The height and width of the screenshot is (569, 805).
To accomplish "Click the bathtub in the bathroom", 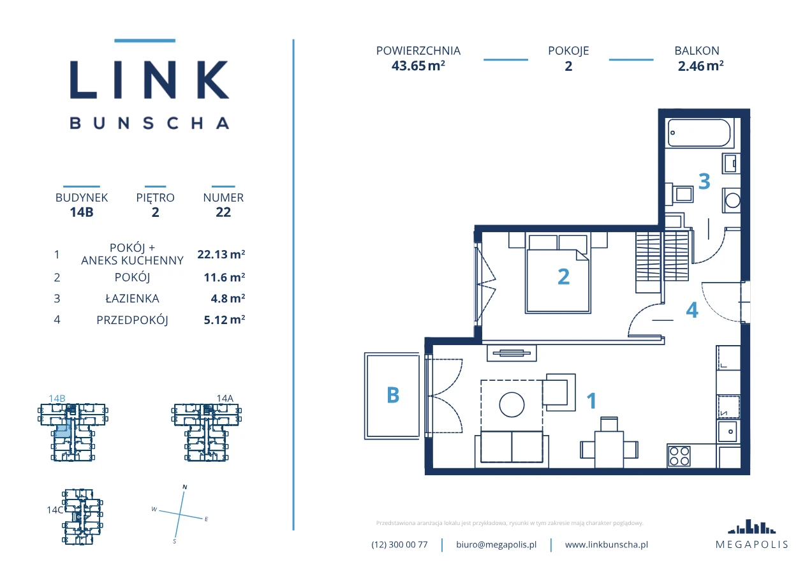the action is click(699, 133).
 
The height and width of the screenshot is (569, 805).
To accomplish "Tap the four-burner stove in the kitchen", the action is click(679, 456).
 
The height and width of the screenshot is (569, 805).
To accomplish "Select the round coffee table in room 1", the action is click(512, 404).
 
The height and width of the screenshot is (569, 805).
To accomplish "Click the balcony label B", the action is click(393, 395).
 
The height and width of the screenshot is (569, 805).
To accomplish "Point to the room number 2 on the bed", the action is click(563, 277).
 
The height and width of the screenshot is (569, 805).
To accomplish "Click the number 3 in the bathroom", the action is click(704, 181).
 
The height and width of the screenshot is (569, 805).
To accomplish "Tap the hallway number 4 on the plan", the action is click(692, 310).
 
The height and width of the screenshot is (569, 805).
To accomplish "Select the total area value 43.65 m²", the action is click(418, 66).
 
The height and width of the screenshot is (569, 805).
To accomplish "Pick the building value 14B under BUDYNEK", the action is click(82, 212).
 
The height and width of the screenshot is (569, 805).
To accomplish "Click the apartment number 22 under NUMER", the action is click(223, 212).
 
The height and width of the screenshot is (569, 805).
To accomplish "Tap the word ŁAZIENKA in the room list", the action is click(132, 299).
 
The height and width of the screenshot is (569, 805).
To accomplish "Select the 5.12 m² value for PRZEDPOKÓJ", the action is click(225, 320).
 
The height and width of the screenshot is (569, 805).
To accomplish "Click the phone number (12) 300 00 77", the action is click(399, 545).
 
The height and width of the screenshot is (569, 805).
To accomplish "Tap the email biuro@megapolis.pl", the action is click(496, 545).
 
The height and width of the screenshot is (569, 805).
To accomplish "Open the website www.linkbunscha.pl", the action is click(607, 545).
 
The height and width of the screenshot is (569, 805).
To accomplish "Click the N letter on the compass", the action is click(185, 487).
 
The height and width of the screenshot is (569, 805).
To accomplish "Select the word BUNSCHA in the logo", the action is click(149, 123).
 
